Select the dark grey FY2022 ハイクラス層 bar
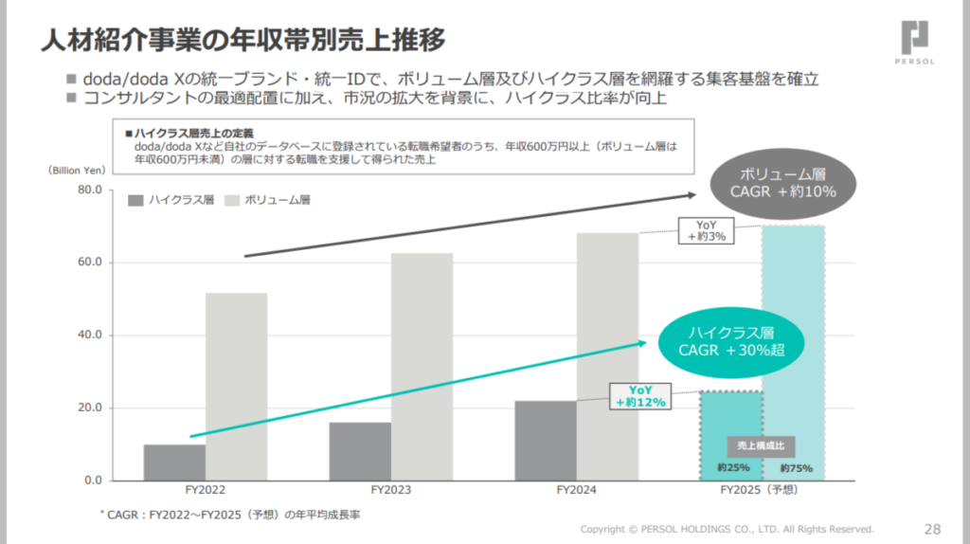(174, 462)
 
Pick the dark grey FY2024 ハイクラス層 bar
(546, 440)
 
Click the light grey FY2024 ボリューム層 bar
(607, 356)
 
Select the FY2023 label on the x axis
(391, 491)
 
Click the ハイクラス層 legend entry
(171, 200)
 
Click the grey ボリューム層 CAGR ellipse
(783, 181)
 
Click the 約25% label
(733, 468)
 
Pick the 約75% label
(796, 468)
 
